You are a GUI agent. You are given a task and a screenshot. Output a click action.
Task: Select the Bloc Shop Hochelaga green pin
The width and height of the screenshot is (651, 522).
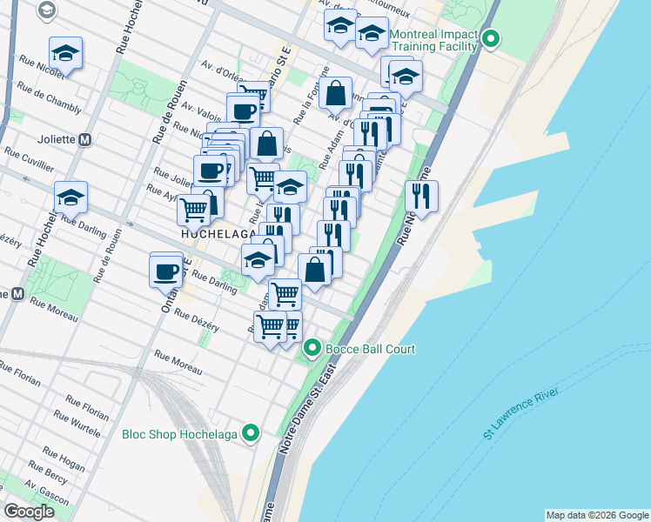pos(252,432)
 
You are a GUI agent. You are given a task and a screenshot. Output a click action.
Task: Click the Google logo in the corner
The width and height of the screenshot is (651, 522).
pos(29,512)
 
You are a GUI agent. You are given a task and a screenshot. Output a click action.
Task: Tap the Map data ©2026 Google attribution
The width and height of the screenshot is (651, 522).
pos(597,515)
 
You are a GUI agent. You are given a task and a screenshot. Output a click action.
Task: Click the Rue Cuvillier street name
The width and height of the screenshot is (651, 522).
pos(30,157)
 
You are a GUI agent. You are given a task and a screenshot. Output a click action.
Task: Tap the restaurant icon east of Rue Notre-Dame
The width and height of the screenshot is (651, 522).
pos(421,196)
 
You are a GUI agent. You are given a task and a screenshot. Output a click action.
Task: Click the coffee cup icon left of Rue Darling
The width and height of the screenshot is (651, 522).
pos(166,270)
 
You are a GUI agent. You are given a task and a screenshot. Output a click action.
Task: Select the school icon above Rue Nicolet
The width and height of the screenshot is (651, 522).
pos(66,53)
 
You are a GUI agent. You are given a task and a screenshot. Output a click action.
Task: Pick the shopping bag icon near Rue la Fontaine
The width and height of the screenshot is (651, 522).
pos(335,92)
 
